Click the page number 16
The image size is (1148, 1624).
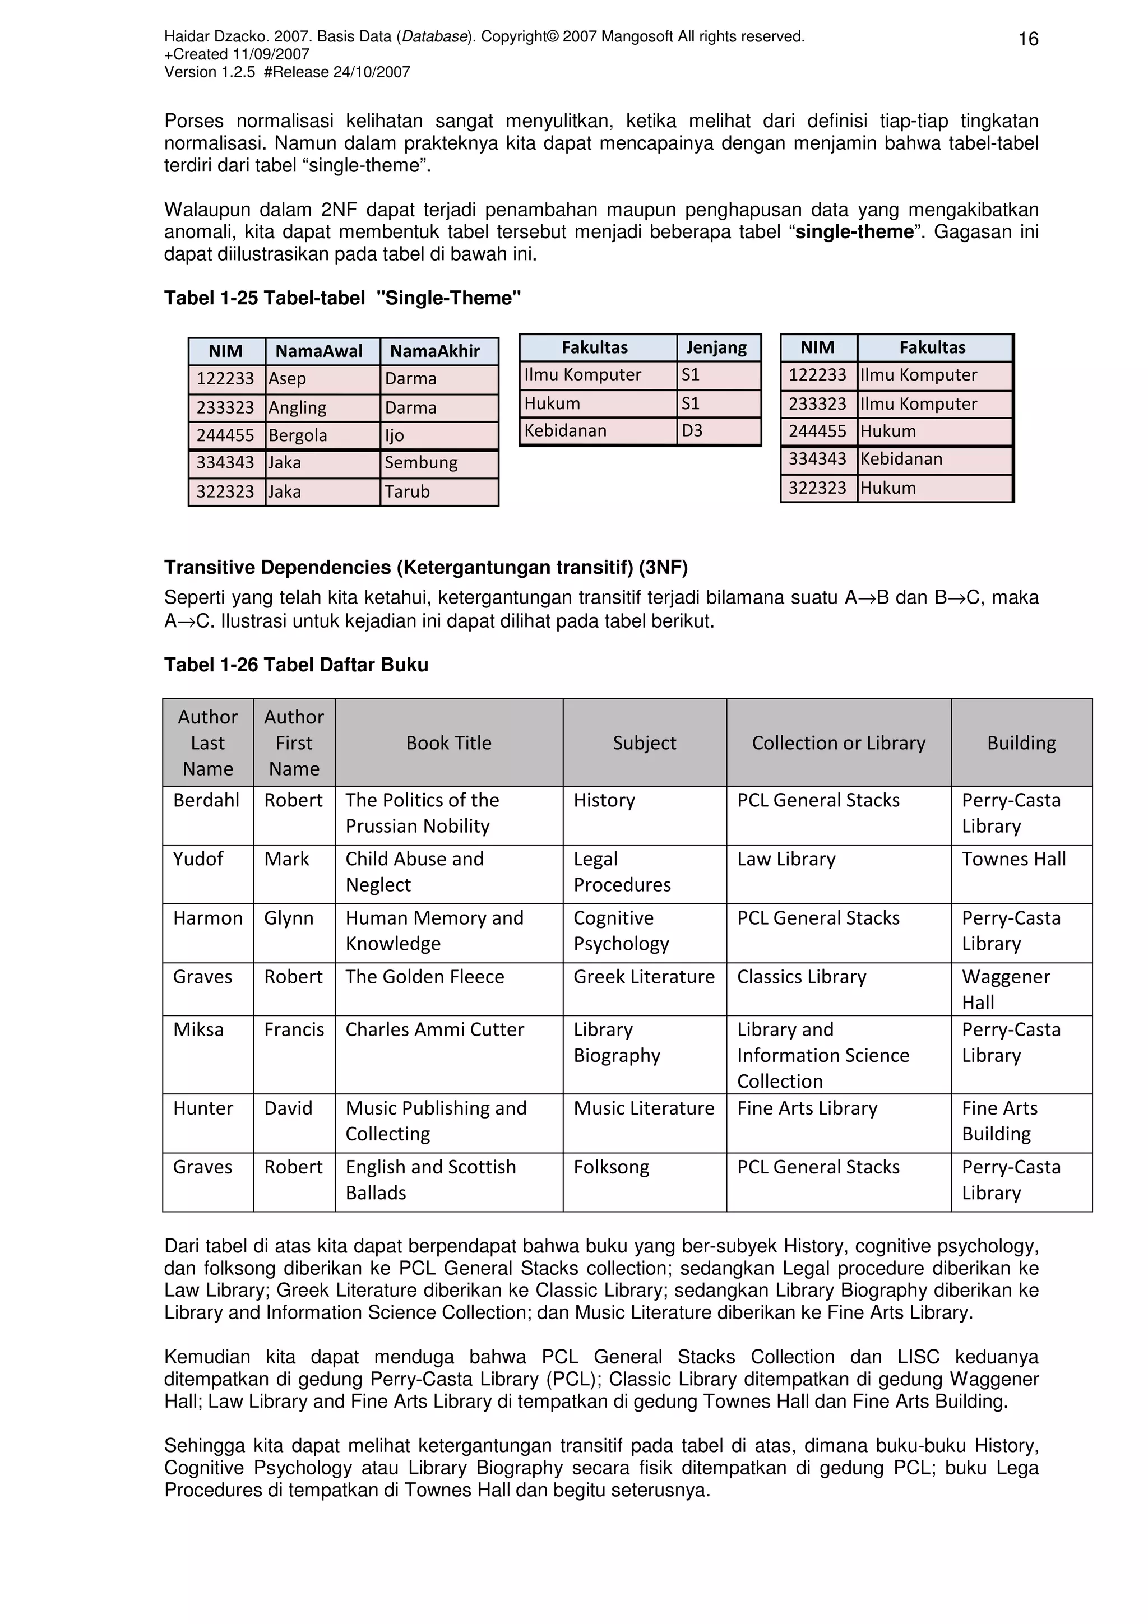(1027, 40)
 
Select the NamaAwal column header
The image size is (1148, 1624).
(318, 351)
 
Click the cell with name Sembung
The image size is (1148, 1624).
(421, 462)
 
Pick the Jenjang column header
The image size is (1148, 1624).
(716, 347)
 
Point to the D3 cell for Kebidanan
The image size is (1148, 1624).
(692, 431)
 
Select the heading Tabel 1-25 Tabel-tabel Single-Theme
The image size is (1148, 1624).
(342, 298)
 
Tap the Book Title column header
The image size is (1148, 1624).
(448, 743)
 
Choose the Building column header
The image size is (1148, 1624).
(1021, 743)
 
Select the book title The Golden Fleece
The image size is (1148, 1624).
(424, 977)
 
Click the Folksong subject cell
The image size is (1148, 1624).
(611, 1167)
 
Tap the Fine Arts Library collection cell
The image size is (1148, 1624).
(807, 1108)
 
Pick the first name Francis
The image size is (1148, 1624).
(294, 1030)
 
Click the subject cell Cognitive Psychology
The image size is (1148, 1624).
(621, 931)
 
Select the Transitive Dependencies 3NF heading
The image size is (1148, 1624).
(426, 567)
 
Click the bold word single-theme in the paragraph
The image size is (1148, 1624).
(854, 232)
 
